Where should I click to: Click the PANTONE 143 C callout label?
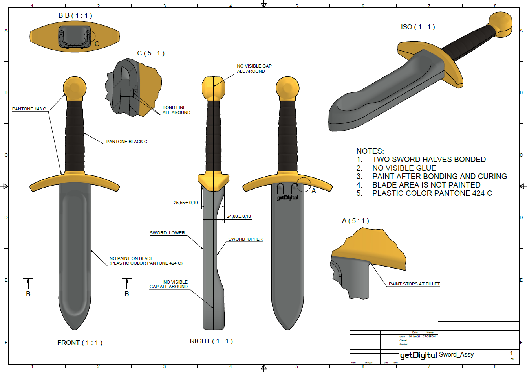click(x=29, y=109)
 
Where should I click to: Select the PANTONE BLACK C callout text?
click(x=126, y=142)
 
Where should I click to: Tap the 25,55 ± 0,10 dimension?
click(x=186, y=203)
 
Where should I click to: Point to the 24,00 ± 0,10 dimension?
click(x=239, y=216)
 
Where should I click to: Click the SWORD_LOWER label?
click(x=167, y=233)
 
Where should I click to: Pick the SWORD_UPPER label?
click(x=245, y=239)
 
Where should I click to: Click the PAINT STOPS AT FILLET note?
click(x=414, y=284)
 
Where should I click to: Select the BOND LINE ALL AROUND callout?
click(x=176, y=110)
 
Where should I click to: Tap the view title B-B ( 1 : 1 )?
click(x=75, y=16)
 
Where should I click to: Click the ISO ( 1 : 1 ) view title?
click(x=418, y=27)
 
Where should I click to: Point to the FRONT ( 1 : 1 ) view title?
click(x=80, y=343)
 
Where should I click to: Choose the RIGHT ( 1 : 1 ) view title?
click(x=211, y=341)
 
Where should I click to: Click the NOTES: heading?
click(x=370, y=151)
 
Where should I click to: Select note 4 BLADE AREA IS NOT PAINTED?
click(x=426, y=185)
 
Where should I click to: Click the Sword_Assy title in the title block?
click(x=456, y=354)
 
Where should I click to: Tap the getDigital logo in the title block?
click(x=418, y=355)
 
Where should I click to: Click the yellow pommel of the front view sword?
click(x=75, y=88)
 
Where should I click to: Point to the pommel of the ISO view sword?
click(x=501, y=23)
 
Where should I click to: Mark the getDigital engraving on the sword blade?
click(x=287, y=198)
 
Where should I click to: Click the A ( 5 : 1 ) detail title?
click(x=355, y=221)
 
